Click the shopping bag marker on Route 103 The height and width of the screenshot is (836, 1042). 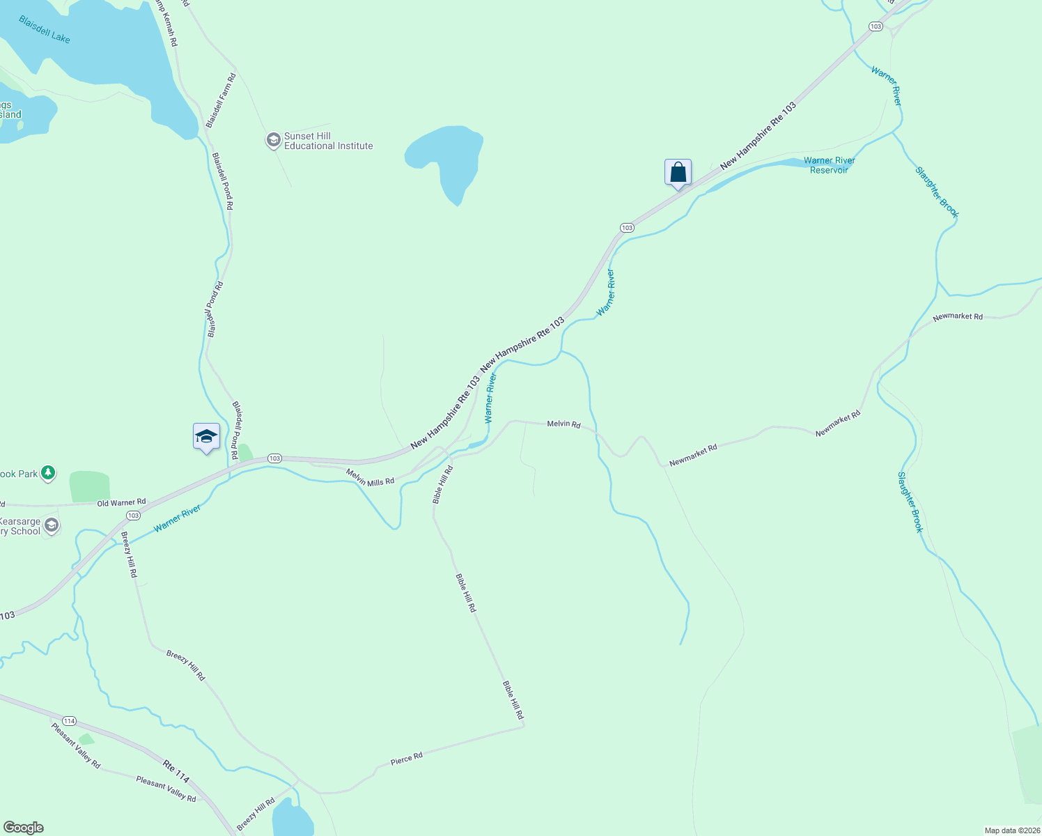coord(678,172)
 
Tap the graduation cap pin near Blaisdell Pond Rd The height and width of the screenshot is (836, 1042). coord(206,437)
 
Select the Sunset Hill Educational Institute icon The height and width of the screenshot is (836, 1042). coord(274,141)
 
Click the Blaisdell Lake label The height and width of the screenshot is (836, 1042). coord(45,29)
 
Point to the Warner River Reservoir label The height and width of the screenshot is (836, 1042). coord(829,165)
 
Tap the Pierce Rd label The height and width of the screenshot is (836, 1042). coord(407,758)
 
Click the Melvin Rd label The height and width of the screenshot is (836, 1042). coord(563,424)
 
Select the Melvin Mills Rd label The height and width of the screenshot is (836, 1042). coord(370,477)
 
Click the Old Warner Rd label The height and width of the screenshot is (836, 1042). coord(122,502)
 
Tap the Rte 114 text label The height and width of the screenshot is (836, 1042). coord(176,771)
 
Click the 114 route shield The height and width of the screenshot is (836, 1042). coord(69,720)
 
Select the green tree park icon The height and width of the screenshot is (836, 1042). coord(48,474)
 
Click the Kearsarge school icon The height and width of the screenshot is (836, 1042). coord(51,525)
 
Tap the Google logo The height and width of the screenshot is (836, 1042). coord(23,828)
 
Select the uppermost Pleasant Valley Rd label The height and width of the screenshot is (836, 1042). coord(76,745)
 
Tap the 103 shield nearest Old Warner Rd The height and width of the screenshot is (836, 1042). coord(133,516)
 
